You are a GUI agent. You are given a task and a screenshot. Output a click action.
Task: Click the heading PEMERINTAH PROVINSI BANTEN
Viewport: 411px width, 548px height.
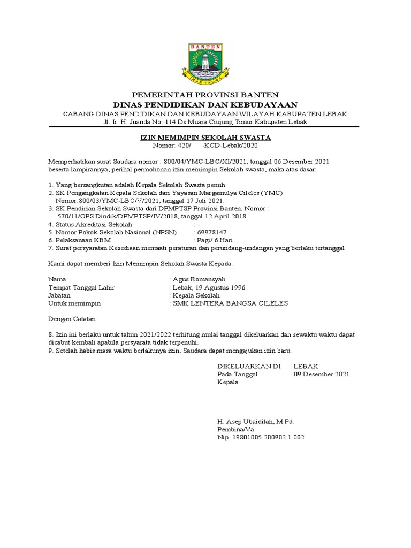click(205, 95)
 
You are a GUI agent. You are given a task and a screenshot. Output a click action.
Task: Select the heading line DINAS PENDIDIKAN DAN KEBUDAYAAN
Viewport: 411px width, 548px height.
click(205, 104)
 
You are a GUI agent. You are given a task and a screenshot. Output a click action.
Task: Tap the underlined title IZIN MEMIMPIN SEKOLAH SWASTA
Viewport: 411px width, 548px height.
click(205, 138)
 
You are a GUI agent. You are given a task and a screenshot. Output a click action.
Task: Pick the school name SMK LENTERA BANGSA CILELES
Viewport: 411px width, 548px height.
click(230, 303)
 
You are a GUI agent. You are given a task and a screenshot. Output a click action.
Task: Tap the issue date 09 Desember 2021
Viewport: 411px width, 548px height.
click(319, 375)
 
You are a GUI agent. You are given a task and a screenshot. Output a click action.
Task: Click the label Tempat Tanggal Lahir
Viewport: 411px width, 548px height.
click(81, 287)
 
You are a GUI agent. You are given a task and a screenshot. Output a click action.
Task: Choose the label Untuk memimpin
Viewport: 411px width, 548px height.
click(74, 303)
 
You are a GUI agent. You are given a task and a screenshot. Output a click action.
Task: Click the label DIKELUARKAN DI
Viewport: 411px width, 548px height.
click(248, 367)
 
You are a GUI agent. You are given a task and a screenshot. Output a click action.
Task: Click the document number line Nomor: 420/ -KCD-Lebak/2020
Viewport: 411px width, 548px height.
click(205, 145)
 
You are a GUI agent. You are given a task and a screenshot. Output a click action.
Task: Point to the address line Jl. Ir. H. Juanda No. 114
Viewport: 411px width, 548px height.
click(205, 122)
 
